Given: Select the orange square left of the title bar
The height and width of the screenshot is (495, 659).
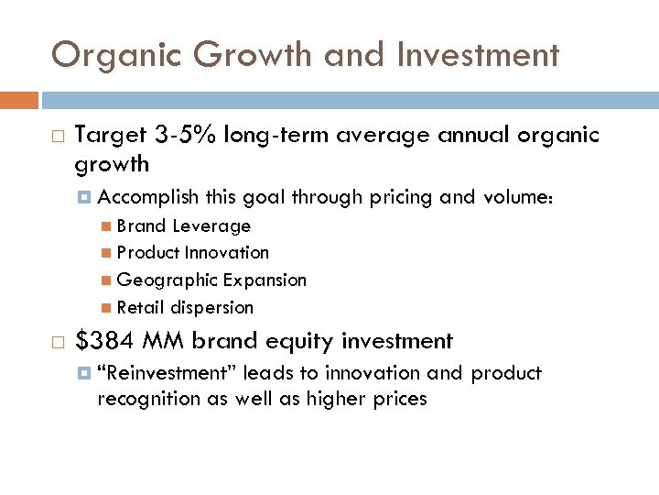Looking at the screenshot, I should (19, 100).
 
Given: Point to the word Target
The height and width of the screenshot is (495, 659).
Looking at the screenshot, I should (110, 136).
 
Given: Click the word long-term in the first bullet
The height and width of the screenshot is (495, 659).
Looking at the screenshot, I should (284, 136).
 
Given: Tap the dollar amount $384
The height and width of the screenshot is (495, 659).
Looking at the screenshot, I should (104, 342).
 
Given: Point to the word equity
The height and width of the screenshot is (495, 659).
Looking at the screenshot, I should (300, 342).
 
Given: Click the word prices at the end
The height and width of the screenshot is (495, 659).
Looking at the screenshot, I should (396, 399).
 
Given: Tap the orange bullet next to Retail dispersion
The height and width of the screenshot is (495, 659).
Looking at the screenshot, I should (109, 308).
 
